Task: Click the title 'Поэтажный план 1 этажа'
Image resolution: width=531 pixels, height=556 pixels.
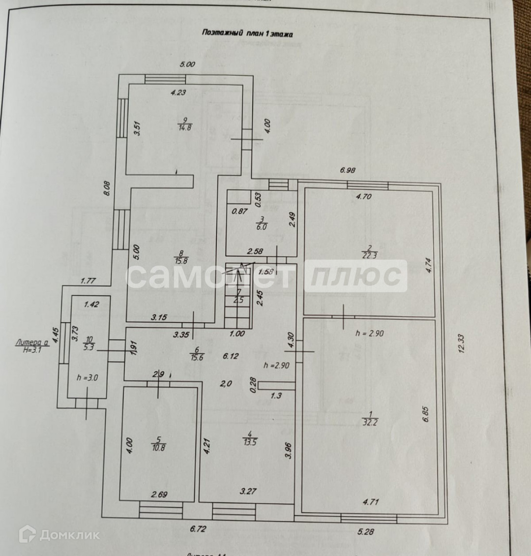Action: (247, 33)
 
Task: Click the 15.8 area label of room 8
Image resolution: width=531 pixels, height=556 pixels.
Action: (183, 261)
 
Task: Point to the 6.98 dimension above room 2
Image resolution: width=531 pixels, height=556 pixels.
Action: (348, 170)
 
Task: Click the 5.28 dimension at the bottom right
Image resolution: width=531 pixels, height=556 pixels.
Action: (366, 531)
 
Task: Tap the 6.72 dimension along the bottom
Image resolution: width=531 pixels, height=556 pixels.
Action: (198, 529)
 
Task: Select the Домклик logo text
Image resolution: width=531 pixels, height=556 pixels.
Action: (69, 535)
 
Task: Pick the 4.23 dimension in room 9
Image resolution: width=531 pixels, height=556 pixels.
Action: (178, 92)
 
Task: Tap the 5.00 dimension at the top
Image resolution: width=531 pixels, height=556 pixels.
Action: (187, 64)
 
